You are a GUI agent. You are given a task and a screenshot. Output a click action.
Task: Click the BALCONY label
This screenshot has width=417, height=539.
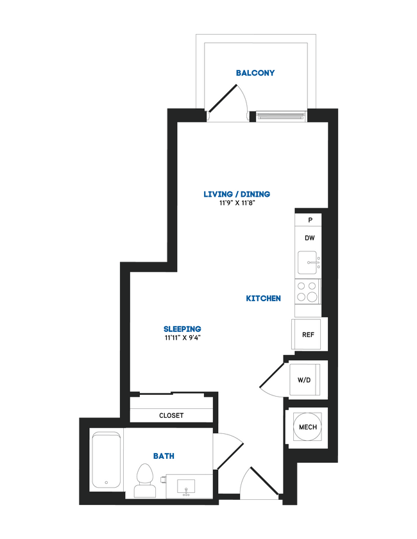255,73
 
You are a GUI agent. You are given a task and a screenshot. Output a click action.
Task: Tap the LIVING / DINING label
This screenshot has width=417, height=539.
237,194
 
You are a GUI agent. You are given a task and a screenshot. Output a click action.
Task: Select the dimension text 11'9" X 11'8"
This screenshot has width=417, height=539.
237,204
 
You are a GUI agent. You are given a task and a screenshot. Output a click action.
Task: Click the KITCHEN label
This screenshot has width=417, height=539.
263,299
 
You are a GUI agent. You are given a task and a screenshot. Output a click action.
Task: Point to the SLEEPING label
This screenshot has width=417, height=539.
183,329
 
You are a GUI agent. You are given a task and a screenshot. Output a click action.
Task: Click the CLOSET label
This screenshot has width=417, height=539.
171,415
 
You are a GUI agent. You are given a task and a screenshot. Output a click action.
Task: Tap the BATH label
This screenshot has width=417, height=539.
164,456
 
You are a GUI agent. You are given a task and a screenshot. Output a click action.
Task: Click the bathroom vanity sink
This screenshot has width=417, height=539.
187,485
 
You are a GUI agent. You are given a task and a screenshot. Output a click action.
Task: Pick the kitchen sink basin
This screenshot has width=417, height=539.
308,263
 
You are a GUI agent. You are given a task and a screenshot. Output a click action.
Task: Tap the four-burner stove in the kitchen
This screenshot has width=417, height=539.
307,292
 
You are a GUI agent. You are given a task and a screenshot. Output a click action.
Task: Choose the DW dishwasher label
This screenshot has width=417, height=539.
309,238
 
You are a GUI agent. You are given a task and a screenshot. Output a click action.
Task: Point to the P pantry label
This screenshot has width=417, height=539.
311,220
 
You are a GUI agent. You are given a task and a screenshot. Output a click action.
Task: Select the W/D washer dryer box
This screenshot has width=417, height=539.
303,380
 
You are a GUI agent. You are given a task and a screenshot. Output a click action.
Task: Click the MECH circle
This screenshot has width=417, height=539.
306,427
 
